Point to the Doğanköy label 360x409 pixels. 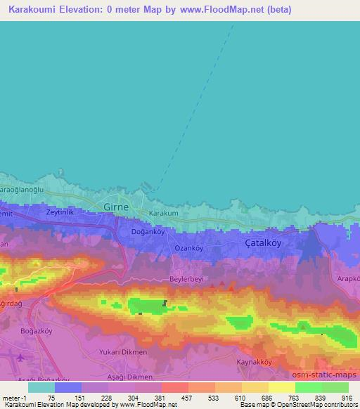(x=148, y=231)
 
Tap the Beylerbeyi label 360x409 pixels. (x=187, y=278)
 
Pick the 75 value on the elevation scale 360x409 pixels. (x=51, y=398)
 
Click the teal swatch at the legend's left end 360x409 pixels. (x=41, y=387)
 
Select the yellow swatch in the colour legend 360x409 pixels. (x=282, y=387)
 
